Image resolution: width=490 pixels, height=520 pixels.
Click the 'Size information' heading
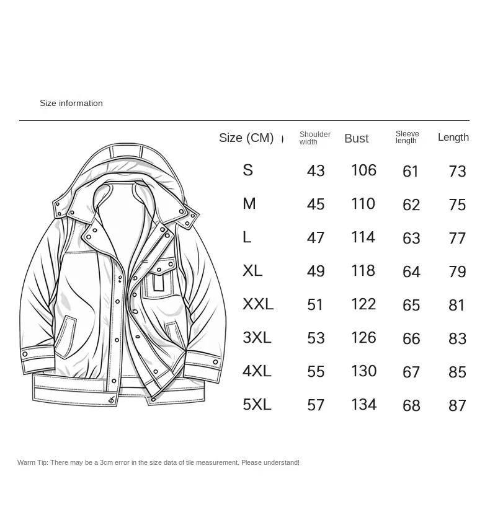click(x=71, y=104)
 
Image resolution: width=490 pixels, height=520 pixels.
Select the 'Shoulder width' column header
click(x=314, y=138)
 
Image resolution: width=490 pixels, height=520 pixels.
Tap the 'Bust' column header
click(x=357, y=139)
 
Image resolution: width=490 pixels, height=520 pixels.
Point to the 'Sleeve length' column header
click(x=407, y=138)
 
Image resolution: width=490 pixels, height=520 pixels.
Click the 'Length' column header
click(x=453, y=138)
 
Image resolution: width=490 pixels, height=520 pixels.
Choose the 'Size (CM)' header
click(x=246, y=138)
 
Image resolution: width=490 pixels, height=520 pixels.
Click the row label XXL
click(x=257, y=304)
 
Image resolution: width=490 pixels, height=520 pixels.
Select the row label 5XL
click(x=257, y=405)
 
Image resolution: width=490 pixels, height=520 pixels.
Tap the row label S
click(x=247, y=170)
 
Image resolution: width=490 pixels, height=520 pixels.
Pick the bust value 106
click(x=363, y=170)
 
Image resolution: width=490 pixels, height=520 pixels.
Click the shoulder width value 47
click(x=316, y=238)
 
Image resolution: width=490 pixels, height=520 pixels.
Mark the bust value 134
click(x=363, y=405)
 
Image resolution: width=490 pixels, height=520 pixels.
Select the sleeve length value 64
click(x=411, y=271)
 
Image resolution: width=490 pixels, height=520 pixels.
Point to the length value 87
click(x=457, y=405)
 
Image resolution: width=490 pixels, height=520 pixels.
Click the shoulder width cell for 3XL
click(x=316, y=338)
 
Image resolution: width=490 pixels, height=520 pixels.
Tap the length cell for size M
click(x=457, y=205)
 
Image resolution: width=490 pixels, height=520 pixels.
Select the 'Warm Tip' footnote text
click(x=158, y=463)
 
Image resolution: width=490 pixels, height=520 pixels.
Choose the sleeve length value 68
click(x=411, y=405)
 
